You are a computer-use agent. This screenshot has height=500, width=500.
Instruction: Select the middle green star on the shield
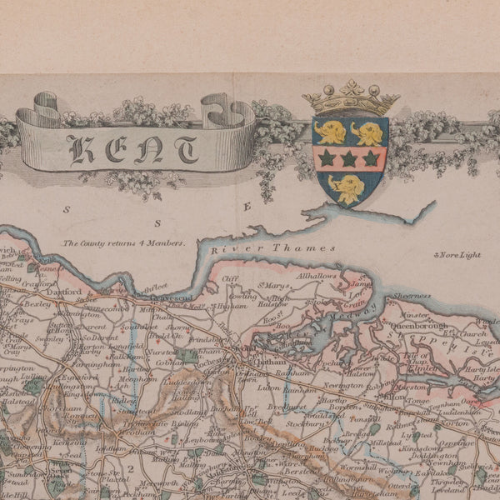click(349, 158)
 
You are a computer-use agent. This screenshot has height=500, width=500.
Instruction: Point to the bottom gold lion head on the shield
click(350, 188)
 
